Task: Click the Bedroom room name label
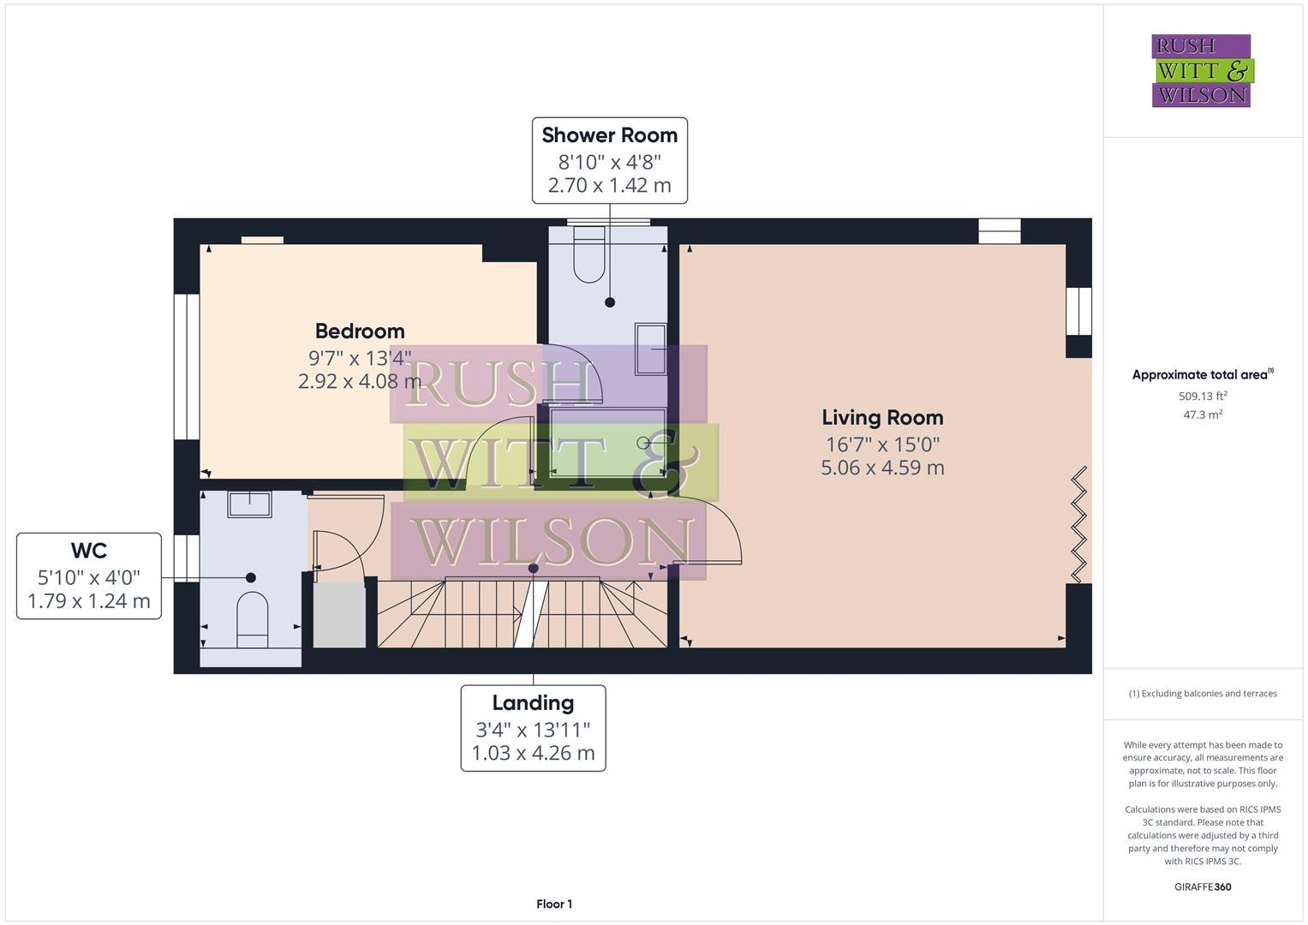[360, 331]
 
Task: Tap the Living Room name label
[882, 418]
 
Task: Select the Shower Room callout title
[610, 135]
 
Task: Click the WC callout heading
[89, 551]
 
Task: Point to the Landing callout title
[533, 703]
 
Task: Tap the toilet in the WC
[252, 620]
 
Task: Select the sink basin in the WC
[249, 504]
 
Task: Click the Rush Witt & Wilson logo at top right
[1203, 70]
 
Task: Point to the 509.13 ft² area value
[1203, 396]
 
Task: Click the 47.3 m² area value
[1203, 415]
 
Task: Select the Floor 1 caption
[554, 904]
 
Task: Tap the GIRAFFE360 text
[1203, 886]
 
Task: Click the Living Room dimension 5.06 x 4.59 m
[882, 468]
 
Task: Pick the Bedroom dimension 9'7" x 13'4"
[360, 358]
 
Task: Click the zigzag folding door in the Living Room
[1078, 524]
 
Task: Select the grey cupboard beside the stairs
[339, 614]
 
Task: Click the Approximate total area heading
[1203, 374]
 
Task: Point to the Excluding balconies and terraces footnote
[1203, 694]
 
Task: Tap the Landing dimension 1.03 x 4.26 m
[533, 754]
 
